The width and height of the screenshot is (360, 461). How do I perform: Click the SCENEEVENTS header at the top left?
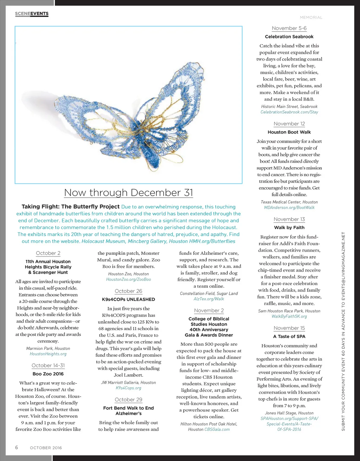click(32, 14)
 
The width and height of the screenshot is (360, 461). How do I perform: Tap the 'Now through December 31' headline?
click(128, 193)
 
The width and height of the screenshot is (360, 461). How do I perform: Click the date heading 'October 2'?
click(48, 253)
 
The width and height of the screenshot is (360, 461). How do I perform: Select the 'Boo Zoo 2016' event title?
click(48, 374)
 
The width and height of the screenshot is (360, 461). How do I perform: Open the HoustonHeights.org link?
click(48, 354)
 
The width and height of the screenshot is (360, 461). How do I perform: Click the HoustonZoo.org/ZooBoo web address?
click(128, 279)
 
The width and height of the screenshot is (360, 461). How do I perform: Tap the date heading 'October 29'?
click(128, 400)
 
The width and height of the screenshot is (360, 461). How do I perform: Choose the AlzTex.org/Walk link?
click(209, 299)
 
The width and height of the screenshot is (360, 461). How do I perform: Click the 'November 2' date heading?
click(209, 311)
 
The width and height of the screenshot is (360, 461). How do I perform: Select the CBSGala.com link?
click(217, 429)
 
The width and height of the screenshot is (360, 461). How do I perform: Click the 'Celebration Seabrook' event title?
click(289, 37)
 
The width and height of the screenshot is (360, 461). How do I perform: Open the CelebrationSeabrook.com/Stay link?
click(289, 112)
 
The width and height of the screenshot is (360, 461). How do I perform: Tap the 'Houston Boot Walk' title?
click(289, 132)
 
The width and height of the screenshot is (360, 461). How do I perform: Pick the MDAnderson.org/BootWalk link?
click(289, 208)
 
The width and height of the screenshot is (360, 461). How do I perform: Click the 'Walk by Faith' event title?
click(289, 227)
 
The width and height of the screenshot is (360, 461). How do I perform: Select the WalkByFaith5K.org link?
click(289, 317)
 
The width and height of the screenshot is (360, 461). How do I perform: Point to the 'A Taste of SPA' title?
click(289, 336)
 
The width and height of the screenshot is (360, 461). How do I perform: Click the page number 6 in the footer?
click(17, 447)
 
